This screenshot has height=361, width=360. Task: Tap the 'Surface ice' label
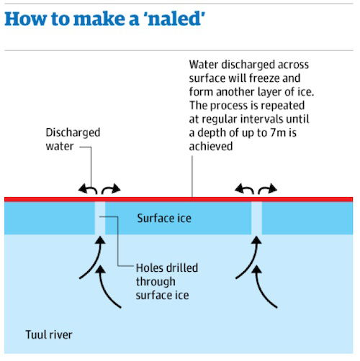coord(164,218)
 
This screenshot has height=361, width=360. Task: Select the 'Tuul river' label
coord(49,334)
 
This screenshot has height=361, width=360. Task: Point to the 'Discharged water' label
coord(73,140)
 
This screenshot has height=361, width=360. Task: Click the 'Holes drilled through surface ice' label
coord(167,282)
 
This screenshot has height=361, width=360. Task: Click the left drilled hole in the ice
coord(100,218)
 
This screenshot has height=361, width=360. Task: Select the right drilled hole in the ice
coord(256,218)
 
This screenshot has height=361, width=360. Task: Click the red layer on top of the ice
coord(179,199)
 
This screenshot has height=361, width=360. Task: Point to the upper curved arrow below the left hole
coord(96,261)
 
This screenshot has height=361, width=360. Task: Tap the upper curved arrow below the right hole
coord(253,261)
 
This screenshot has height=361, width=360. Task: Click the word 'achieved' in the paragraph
coord(211,146)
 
